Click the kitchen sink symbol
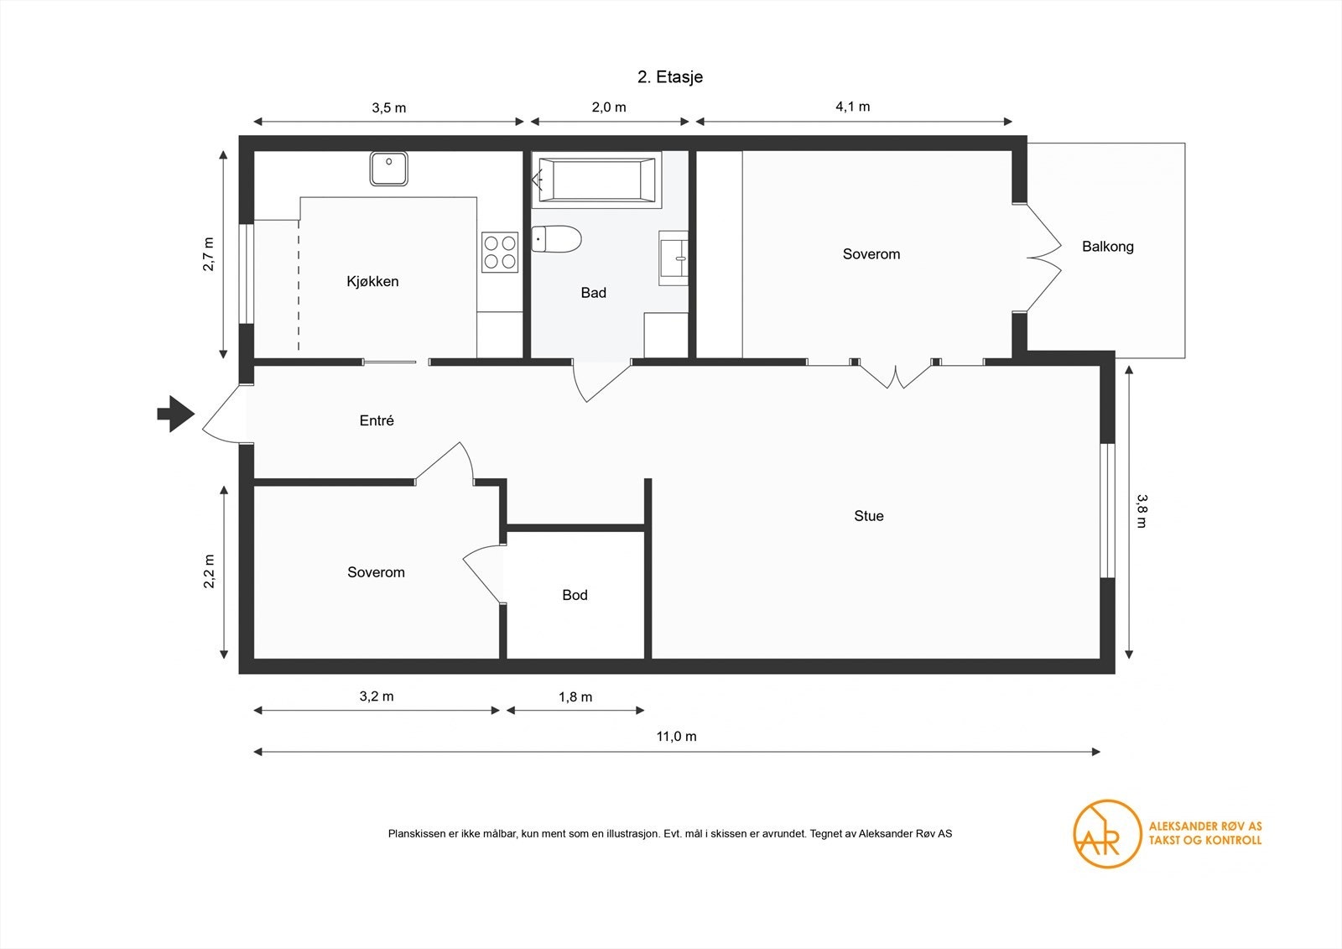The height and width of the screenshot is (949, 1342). coord(388,169)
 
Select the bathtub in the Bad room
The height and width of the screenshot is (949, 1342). coord(596,180)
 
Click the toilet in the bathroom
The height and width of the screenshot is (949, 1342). coord(557,240)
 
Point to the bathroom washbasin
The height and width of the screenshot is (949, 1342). coord(674,258)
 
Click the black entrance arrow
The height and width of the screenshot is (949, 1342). coord(175,414)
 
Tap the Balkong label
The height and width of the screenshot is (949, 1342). coord(1107,247)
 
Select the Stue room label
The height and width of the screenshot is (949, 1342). coord(869,516)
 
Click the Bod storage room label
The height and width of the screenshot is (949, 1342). coord(575,595)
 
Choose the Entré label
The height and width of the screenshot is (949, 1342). coord(377,420)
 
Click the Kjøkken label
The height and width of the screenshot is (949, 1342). coord(372,281)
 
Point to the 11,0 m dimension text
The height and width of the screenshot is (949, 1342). coord(676,737)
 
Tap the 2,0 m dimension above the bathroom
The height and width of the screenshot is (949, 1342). coord(609,107)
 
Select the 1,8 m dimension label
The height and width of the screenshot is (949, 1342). coord(575,696)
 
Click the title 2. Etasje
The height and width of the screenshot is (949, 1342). coord(670,77)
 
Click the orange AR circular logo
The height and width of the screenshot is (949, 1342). coord(1107,833)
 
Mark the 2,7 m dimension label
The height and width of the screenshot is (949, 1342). coord(208,254)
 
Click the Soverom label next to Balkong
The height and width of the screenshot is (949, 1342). coord(871,254)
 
